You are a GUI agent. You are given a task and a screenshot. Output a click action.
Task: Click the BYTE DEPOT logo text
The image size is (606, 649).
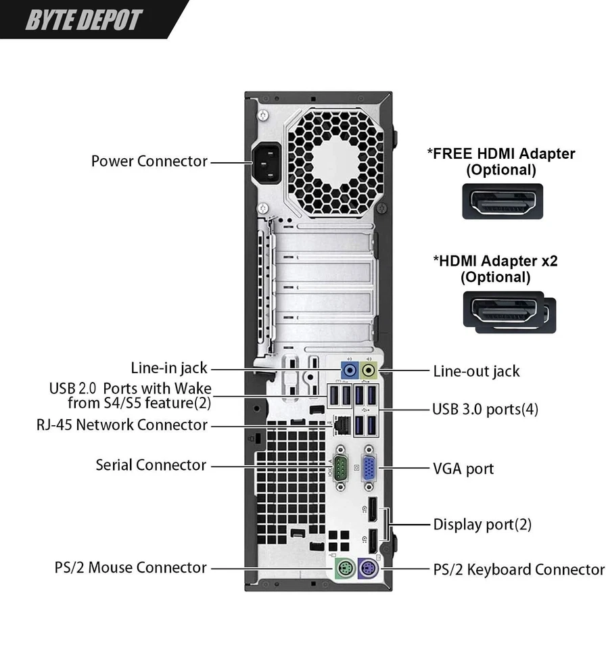click(x=84, y=20)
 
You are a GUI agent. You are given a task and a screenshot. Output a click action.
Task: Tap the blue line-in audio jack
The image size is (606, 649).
click(x=349, y=370)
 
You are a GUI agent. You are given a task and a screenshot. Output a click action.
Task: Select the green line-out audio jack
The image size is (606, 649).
click(x=369, y=370)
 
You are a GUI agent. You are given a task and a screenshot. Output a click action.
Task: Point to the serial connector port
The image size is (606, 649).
click(x=341, y=466)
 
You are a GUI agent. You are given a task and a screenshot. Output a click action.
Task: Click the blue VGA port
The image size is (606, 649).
click(x=369, y=467)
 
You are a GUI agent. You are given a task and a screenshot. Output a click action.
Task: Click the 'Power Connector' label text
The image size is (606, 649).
click(x=149, y=162)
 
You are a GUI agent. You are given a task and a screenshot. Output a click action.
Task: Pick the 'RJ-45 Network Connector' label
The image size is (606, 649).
click(x=122, y=425)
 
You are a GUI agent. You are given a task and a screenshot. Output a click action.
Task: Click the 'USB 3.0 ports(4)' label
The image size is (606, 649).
click(x=485, y=409)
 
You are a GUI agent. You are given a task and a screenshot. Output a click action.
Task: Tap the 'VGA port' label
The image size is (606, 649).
click(x=463, y=468)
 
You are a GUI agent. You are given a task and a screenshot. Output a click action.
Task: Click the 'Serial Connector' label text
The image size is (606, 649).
click(x=150, y=465)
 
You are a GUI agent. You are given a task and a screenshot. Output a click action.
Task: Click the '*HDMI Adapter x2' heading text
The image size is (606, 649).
click(x=495, y=260)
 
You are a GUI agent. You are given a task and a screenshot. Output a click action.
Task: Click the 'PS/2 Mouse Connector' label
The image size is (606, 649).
click(x=131, y=567)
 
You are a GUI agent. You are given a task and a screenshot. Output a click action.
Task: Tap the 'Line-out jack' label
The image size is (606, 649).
click(x=476, y=370)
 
